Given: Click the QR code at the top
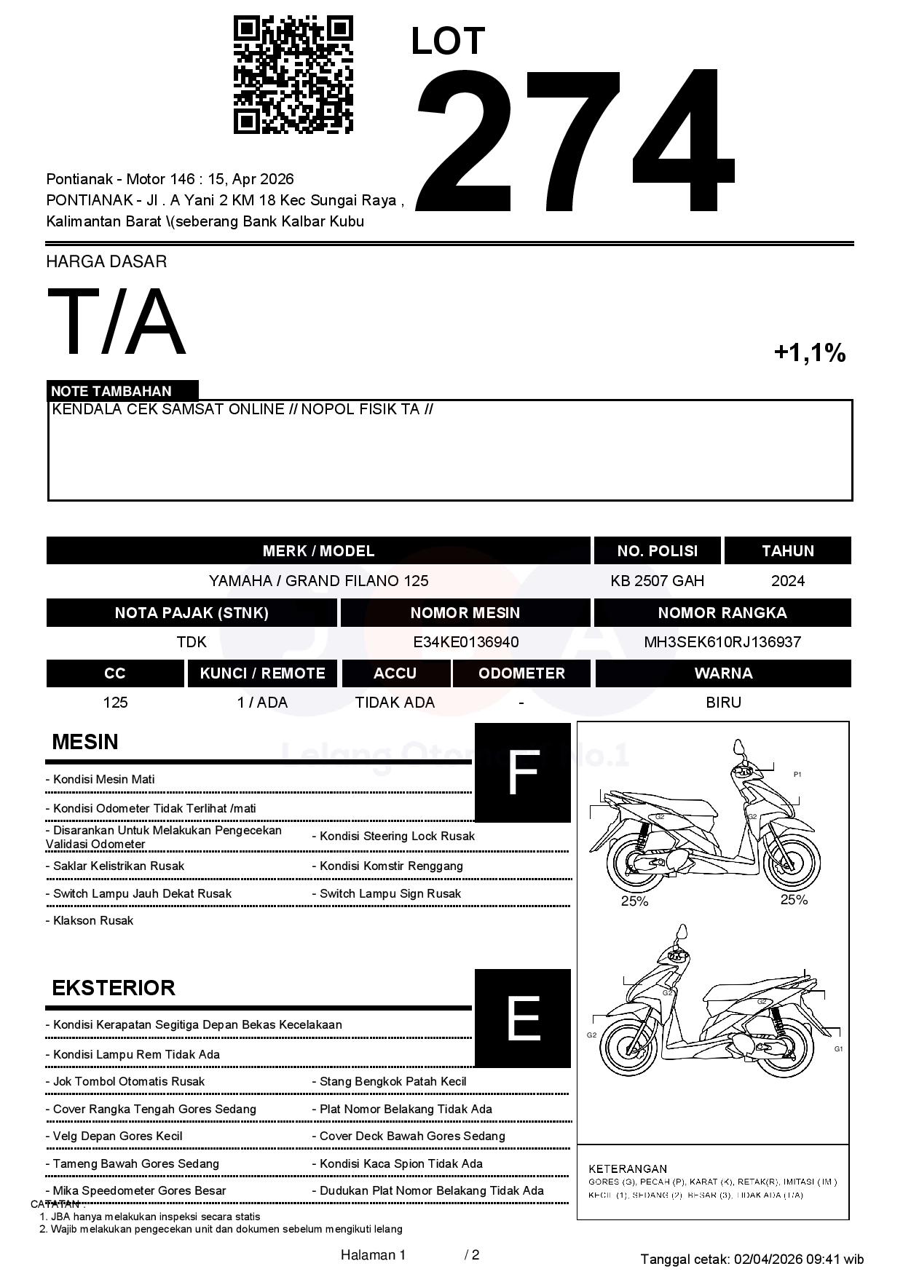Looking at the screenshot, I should tap(293, 76).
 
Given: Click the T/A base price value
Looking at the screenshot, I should tap(117, 322).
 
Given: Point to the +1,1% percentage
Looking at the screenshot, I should tap(809, 353).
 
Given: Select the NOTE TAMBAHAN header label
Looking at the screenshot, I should tap(111, 391).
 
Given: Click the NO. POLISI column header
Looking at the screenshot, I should tap(657, 551).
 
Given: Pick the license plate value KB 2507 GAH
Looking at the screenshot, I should tap(657, 581).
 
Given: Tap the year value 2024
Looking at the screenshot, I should tap(787, 581).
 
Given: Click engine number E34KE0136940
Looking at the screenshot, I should tap(465, 642).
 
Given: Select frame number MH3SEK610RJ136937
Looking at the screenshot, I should tap(722, 642).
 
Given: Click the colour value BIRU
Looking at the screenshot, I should tap(723, 703).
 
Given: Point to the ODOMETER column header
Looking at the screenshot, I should tap(521, 673).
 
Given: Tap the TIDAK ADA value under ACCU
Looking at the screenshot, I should tap(395, 703).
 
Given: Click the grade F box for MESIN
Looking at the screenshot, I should tap(523, 772).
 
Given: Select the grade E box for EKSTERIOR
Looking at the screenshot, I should tap(523, 1018).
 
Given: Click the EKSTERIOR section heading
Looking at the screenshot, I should tap(114, 988).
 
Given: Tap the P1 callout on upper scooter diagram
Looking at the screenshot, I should tap(797, 775).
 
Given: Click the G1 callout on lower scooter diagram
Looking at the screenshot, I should tap(838, 1049).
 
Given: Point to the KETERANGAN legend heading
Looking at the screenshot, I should tap(627, 1169).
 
